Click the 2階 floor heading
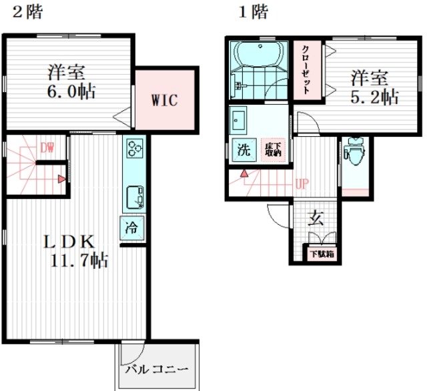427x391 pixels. coord(26,13)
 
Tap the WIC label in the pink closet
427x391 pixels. coord(163,101)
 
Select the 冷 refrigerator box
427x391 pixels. coord(131,226)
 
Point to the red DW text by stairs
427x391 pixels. coord(46,147)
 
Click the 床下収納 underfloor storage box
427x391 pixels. coord(272,149)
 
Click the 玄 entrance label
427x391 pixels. coord(317,218)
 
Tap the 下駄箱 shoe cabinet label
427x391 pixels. coord(321,254)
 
